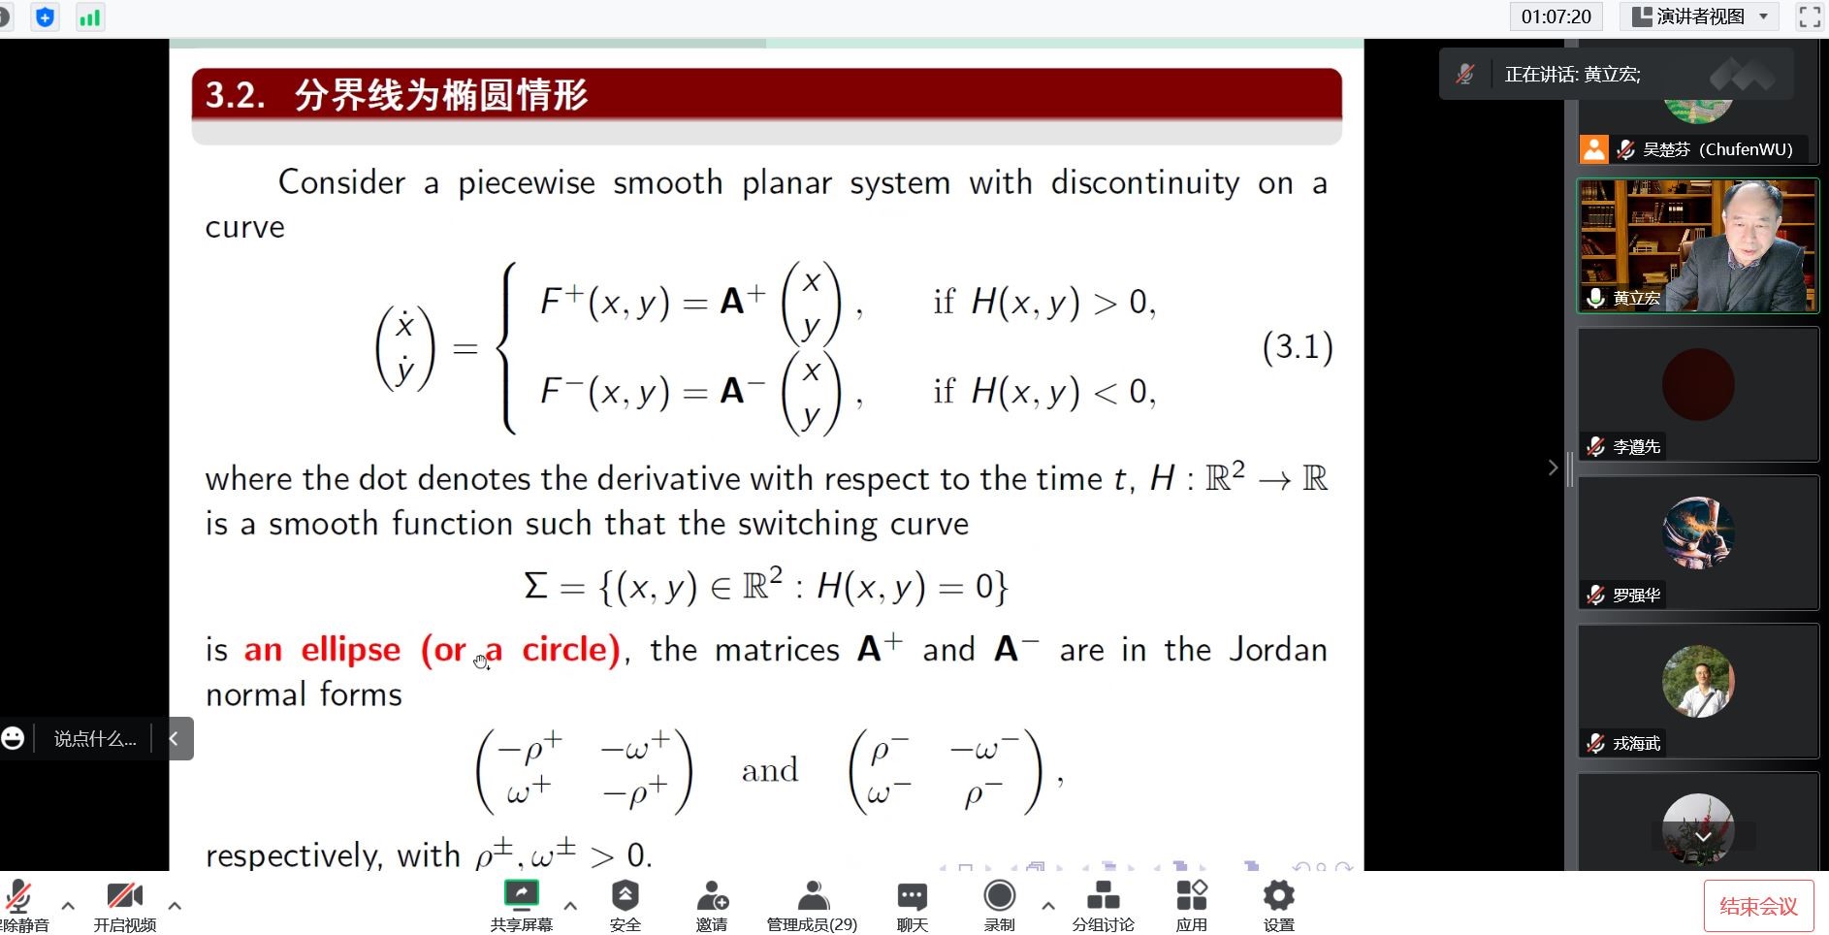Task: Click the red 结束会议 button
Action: coord(1758,906)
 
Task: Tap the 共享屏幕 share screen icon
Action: coord(522,894)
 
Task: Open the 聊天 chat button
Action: coord(912,895)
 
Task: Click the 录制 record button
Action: coord(999,895)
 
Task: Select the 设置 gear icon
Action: coord(1278,895)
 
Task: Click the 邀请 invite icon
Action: coord(712,895)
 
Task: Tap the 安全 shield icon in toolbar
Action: coord(625,895)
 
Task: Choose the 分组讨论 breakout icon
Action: coord(1103,895)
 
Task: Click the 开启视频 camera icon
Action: coord(125,895)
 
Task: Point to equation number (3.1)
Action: coord(1298,346)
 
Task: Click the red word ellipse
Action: coord(350,649)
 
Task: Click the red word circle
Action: coord(570,649)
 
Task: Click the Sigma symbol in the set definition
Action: coord(535,586)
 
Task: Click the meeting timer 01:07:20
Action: coord(1556,16)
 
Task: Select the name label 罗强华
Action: coord(1636,595)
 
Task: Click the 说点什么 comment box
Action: coord(95,739)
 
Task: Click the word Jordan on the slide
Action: coord(1277,649)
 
